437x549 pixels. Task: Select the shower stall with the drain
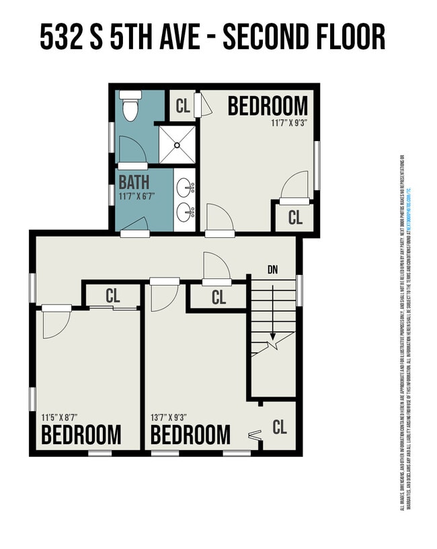(177, 144)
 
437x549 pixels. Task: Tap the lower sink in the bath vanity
(184, 213)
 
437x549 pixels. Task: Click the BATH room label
(134, 182)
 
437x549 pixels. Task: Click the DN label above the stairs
(272, 270)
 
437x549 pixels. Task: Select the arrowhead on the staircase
(272, 336)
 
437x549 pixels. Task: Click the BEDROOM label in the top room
(268, 106)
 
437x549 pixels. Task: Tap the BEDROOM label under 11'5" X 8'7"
(81, 435)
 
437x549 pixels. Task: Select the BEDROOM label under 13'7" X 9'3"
(190, 435)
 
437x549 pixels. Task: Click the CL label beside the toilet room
(183, 105)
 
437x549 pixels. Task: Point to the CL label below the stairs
(280, 426)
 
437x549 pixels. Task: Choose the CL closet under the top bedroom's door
(294, 217)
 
